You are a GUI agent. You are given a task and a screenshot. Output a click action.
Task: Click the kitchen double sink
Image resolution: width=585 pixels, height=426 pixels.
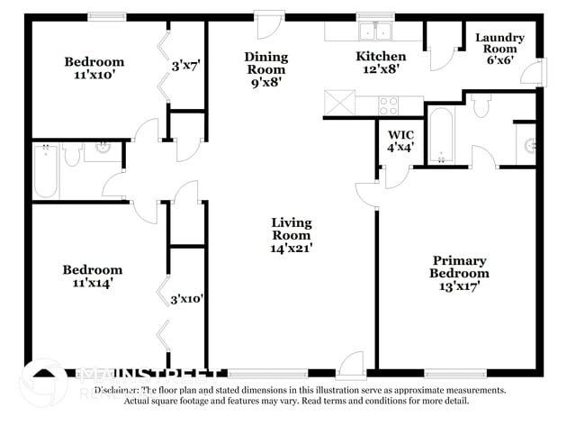pos(376,32)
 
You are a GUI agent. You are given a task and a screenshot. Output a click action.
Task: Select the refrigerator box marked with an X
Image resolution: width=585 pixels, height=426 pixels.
pos(340,104)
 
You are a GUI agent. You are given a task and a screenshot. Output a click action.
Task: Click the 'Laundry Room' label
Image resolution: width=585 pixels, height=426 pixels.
pos(499,44)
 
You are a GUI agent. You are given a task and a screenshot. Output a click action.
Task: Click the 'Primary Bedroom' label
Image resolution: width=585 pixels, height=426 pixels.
pos(459,267)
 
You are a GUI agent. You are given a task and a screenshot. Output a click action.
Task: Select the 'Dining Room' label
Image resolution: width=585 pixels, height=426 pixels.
pos(266,62)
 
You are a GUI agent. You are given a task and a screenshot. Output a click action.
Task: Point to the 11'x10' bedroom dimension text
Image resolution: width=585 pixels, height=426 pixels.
pos(94,76)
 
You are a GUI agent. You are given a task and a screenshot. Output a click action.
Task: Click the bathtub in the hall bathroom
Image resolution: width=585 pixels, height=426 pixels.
pos(47,171)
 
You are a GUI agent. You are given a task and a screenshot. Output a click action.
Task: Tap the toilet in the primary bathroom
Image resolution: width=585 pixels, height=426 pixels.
pos(481,106)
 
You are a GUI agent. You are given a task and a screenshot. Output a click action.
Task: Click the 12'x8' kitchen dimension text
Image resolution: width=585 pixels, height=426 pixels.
pos(382,68)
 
